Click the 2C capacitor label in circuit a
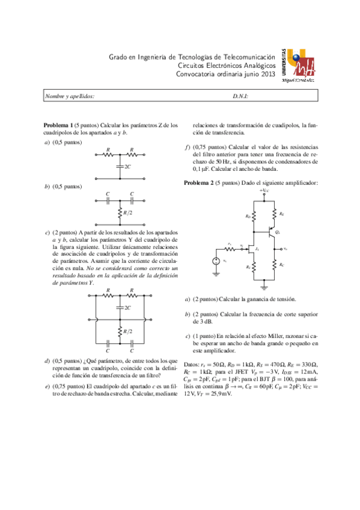click(x=127, y=165)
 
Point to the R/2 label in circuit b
click(x=127, y=212)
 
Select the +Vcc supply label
click(x=264, y=191)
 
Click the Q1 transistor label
click(x=277, y=231)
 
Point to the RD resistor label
click(x=247, y=216)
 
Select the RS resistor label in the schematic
click(x=247, y=266)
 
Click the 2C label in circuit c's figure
click(x=127, y=307)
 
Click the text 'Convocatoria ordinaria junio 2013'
click(x=225, y=74)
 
